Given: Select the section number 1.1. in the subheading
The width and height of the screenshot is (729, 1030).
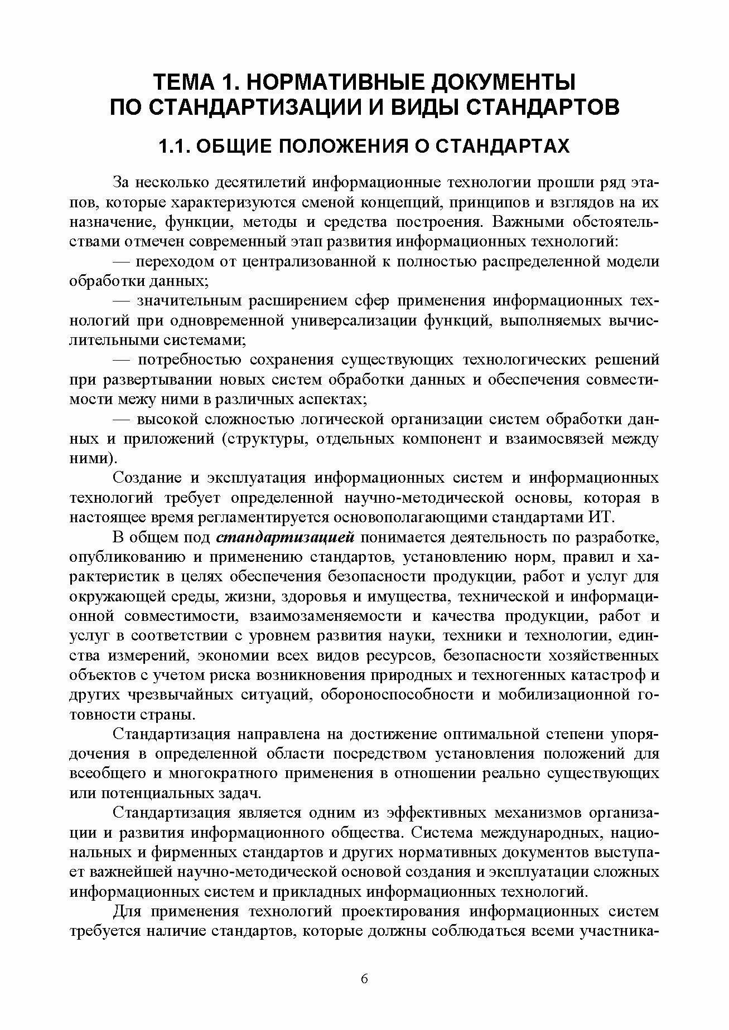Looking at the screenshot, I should [x=176, y=146].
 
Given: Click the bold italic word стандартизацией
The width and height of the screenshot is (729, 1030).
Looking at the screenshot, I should [x=285, y=538].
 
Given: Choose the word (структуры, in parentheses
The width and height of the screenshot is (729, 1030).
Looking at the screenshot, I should [x=265, y=439].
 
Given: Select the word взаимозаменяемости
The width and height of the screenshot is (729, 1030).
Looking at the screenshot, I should [x=326, y=616].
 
